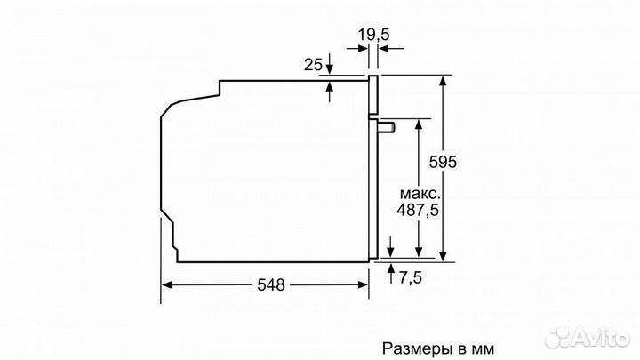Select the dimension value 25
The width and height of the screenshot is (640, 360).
[312, 66]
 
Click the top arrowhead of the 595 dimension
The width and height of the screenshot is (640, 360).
[442, 81]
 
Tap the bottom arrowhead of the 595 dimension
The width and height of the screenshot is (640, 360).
[442, 255]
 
